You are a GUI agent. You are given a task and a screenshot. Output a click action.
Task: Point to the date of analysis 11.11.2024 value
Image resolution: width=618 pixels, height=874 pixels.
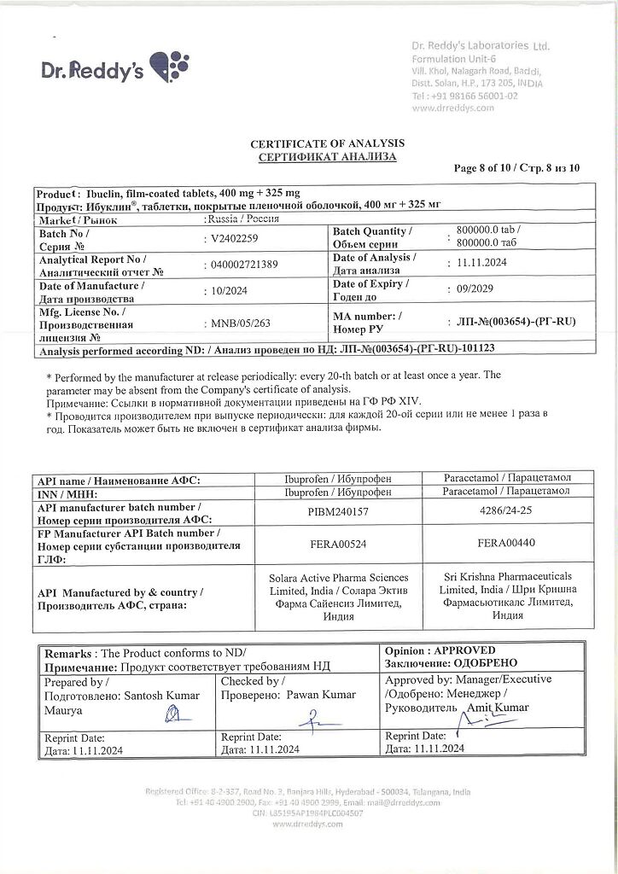coord(481,264)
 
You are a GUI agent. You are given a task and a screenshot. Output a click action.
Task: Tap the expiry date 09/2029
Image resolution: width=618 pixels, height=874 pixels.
coord(470,288)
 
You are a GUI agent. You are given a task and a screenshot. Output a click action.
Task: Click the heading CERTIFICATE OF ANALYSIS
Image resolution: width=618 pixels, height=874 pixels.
coord(327,143)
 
